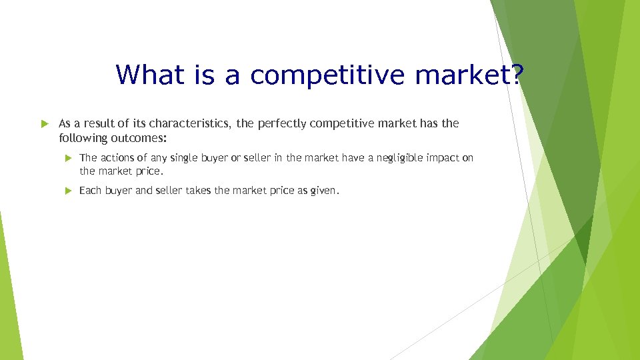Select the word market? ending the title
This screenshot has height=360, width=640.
469,74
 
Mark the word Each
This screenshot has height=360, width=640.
90,191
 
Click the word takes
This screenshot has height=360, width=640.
199,191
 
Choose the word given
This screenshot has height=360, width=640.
325,191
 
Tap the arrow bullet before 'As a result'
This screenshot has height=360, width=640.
46,123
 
